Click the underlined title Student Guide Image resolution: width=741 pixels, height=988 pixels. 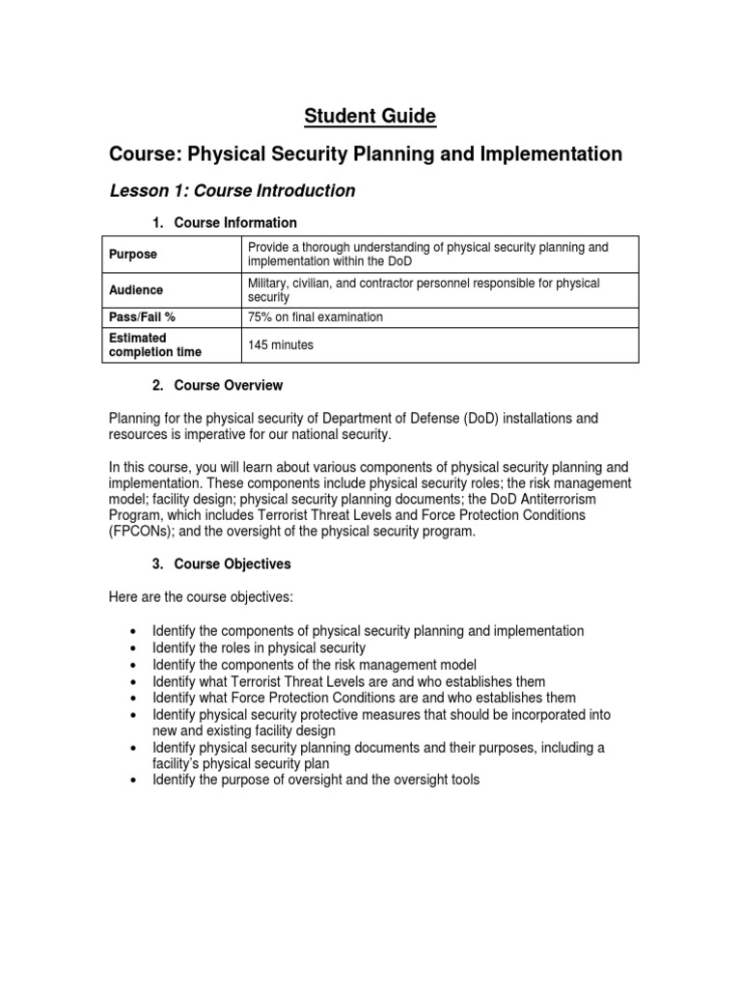(x=370, y=117)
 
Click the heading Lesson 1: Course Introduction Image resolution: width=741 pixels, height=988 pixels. (x=232, y=191)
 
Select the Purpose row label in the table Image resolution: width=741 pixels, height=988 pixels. (x=133, y=255)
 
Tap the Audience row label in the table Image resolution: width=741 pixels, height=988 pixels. (x=136, y=290)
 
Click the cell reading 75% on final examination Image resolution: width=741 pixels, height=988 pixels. (x=315, y=317)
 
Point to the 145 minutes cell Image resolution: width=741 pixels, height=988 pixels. (x=281, y=345)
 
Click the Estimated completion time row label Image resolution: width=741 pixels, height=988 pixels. (x=151, y=345)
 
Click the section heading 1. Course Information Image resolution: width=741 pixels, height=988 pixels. (x=224, y=223)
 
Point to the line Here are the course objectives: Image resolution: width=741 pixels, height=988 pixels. (x=196, y=598)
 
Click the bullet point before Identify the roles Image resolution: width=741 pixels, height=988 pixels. (x=133, y=648)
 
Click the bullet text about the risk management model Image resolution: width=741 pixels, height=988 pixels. (x=315, y=665)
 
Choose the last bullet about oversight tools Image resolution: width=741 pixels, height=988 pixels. (x=315, y=781)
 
